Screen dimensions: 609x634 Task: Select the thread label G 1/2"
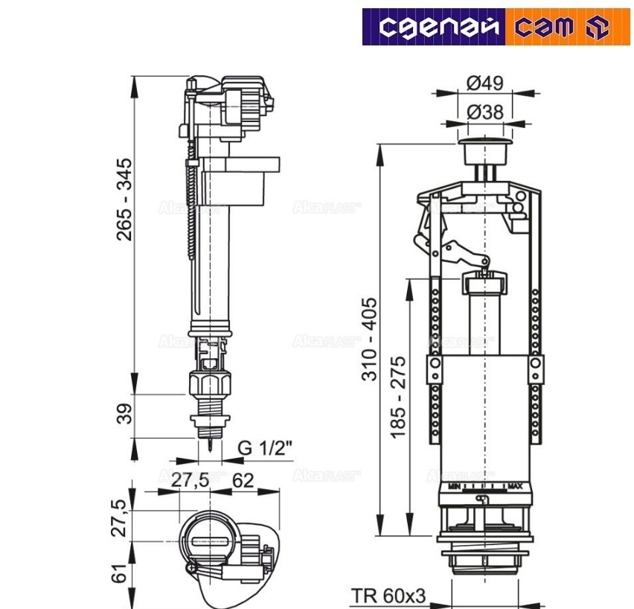coord(265,449)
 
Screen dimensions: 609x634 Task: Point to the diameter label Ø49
coord(485,83)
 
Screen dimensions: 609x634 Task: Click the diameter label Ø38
coord(485,112)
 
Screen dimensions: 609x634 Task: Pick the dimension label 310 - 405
coord(370,339)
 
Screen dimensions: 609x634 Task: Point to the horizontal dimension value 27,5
coord(190,480)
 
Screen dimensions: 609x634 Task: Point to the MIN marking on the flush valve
coord(453,486)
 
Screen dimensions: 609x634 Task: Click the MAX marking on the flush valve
coord(515,486)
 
